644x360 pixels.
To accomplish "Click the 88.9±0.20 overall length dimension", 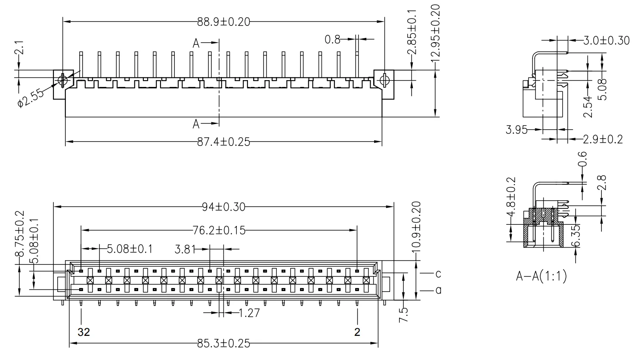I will click(223, 22).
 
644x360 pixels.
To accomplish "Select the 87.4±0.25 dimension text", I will click(223, 142).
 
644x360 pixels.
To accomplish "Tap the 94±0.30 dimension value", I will click(223, 207).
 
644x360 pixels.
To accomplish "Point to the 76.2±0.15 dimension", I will click(219, 230).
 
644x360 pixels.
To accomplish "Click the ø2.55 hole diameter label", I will click(32, 99).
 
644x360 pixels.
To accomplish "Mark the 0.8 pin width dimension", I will click(332, 40).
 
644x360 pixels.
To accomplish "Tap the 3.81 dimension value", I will click(185, 249).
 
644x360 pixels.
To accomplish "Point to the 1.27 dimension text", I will click(249, 313).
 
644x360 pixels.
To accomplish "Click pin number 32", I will click(84, 332).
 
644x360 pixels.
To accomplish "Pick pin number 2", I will click(357, 332).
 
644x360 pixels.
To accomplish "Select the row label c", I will click(438, 273).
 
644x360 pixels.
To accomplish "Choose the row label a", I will click(438, 291).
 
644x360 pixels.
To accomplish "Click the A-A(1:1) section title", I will click(541, 276).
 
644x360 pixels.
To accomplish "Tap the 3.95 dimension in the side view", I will click(517, 130).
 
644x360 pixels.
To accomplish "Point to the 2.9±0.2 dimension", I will click(602, 140).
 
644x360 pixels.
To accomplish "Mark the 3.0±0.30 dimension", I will click(606, 41).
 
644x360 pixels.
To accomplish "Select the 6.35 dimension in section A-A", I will click(576, 236).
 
